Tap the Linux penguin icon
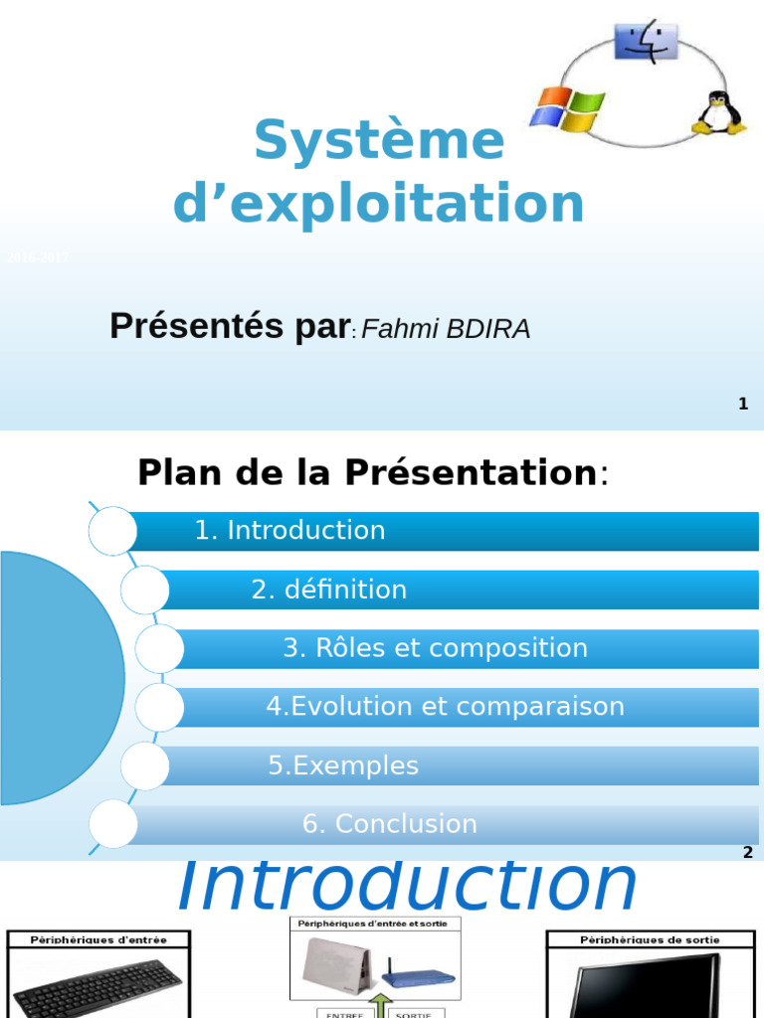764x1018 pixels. (x=717, y=113)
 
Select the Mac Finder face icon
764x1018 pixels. (x=645, y=43)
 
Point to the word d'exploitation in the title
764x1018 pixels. (x=379, y=203)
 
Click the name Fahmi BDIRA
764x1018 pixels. (x=446, y=329)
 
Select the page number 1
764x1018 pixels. (x=743, y=404)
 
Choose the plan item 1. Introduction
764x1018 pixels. (x=289, y=531)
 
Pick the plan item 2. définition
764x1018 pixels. (x=329, y=590)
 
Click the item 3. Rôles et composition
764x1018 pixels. (x=435, y=648)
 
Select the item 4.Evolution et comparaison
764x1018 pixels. (x=445, y=707)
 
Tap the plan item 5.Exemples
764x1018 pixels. (x=343, y=765)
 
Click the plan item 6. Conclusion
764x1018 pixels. (x=390, y=824)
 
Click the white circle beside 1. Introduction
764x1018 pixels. (x=112, y=530)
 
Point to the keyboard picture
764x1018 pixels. (x=97, y=988)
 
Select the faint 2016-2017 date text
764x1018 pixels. (x=37, y=258)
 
